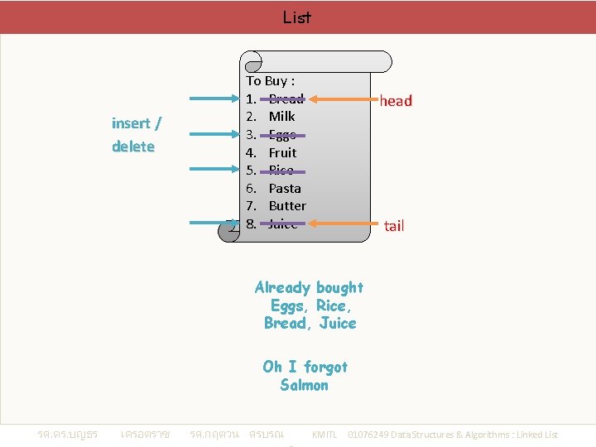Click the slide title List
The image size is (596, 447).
(296, 17)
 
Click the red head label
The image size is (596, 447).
(396, 101)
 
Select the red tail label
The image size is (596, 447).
(394, 225)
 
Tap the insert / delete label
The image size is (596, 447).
(137, 135)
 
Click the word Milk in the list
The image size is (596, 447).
(282, 117)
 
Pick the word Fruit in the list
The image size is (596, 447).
(282, 152)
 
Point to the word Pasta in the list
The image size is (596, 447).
(285, 188)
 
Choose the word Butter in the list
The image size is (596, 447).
(287, 205)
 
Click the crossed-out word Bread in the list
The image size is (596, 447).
(286, 99)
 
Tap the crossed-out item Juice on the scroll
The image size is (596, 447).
(282, 223)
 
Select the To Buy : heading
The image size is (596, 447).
(271, 81)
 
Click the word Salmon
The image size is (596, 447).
(304, 385)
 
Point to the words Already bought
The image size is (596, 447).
(309, 287)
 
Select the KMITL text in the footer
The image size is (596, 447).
(324, 435)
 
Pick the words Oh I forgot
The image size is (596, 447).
(305, 367)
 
